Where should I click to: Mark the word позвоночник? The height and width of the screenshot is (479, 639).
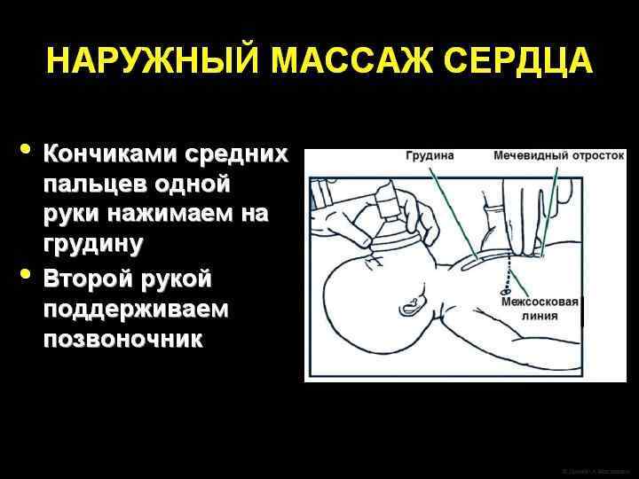pos(122,340)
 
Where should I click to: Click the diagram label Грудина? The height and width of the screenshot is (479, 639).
pos(430,156)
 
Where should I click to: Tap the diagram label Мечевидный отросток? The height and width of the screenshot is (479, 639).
pos(559,156)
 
